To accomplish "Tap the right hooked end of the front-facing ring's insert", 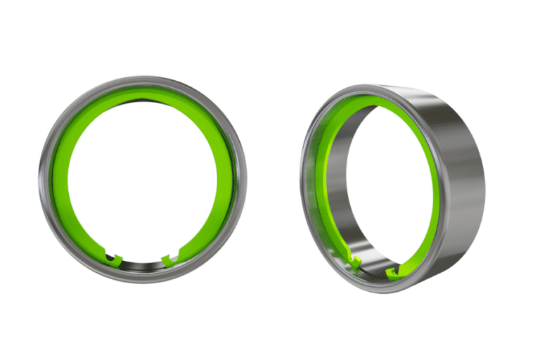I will pos(169,259).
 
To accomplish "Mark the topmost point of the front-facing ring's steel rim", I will pos(143,78).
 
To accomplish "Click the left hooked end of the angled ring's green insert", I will pos(355,264).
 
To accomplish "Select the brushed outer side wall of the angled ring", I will pos(457,176).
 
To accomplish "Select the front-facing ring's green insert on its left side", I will pos(60,179).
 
